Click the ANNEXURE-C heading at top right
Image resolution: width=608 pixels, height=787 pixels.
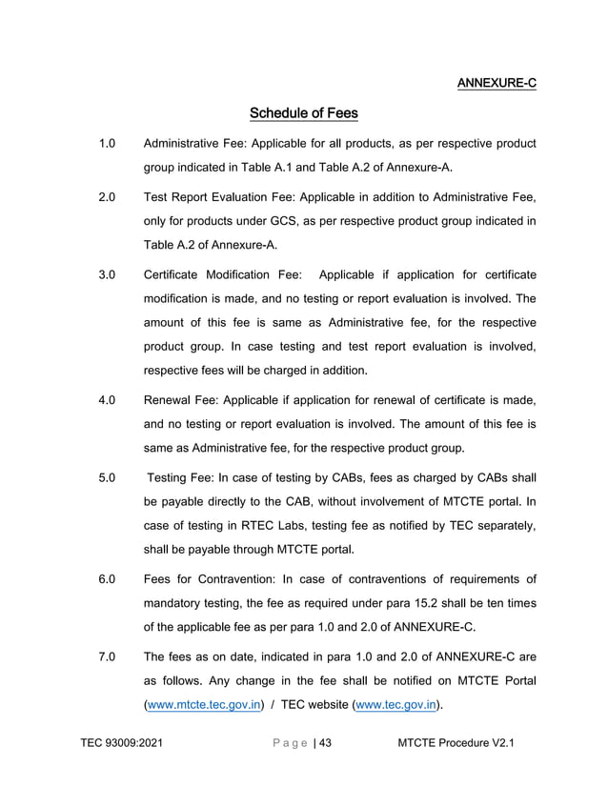tap(497, 83)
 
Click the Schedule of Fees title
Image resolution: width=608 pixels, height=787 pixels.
tap(303, 114)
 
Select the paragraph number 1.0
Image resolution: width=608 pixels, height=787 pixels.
tap(107, 144)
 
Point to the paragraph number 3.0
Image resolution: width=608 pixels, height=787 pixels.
tap(107, 275)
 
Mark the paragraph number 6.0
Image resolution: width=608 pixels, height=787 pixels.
tap(107, 579)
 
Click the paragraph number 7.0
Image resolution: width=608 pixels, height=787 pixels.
tap(107, 656)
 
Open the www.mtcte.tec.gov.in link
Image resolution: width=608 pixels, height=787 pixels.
tap(203, 705)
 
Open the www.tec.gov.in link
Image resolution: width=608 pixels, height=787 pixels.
tap(395, 705)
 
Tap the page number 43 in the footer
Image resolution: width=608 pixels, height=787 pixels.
tap(325, 743)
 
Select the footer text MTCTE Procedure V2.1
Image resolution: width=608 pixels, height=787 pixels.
tap(456, 743)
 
